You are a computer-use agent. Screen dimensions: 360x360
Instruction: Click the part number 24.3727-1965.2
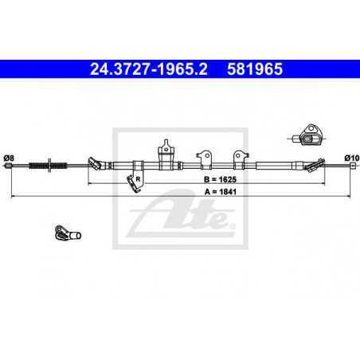pos(149,69)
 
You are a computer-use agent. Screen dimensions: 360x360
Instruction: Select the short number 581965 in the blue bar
pos(255,69)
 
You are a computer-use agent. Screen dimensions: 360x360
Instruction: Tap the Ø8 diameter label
pos(9,158)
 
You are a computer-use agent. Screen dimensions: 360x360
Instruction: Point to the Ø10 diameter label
pos(352,158)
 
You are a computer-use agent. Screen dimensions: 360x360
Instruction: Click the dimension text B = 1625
pos(220,179)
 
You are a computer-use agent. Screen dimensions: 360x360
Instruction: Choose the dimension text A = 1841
pos(221,192)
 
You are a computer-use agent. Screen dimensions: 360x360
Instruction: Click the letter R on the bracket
pos(138,179)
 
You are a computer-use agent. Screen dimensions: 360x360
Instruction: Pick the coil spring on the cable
pos(48,166)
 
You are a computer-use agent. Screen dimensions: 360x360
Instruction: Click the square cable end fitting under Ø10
pos(353,166)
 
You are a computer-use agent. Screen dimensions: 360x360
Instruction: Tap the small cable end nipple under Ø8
pos(9,166)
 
